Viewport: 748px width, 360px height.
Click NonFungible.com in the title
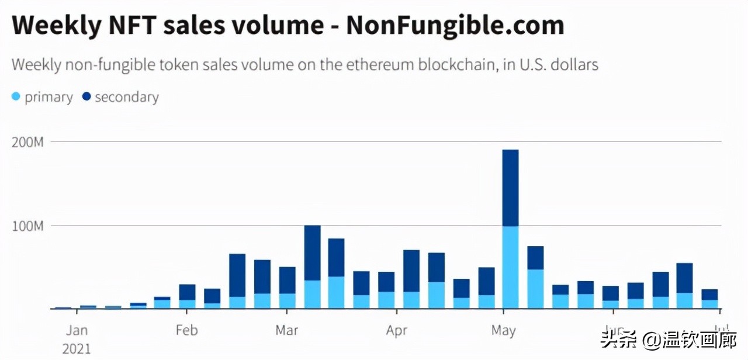455,26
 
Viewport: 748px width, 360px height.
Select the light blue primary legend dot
16,97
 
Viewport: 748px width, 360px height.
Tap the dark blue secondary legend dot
86,97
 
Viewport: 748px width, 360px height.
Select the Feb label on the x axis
186,330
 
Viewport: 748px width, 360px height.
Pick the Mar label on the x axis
286,330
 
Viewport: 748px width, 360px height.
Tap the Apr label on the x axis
397,330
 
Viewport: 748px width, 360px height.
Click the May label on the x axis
503,330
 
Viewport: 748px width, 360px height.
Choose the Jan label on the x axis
77,330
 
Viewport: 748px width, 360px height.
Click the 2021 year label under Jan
77,349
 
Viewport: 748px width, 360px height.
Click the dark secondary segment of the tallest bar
511,188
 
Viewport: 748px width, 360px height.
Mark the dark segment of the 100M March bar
313,252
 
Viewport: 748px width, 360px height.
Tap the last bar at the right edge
709,299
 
